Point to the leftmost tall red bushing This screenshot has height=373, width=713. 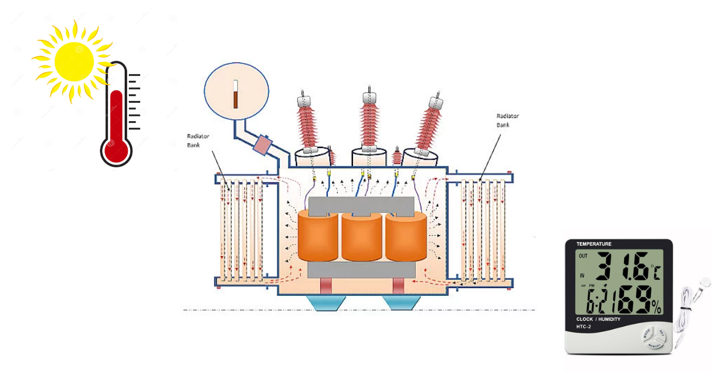(x=309, y=125)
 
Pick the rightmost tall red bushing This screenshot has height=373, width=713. (x=430, y=125)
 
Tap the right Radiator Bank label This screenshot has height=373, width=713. (x=504, y=121)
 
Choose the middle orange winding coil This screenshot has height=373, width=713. (x=362, y=236)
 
